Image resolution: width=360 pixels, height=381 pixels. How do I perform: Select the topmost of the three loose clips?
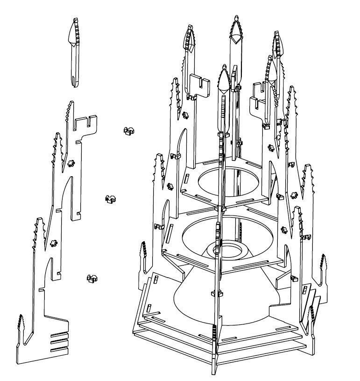tap(128, 130)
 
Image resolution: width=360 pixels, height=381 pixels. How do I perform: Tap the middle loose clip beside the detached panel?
tap(111, 199)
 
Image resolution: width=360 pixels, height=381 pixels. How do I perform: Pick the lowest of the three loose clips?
tap(92, 279)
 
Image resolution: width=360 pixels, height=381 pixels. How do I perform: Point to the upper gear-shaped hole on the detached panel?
tap(71, 163)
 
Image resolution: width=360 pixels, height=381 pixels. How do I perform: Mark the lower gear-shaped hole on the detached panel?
tap(53, 243)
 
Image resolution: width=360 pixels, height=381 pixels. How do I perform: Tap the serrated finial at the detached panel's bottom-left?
tap(22, 327)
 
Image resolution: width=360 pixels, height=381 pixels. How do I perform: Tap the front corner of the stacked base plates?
tap(216, 358)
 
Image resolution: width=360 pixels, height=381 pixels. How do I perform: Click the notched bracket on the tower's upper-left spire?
tap(201, 86)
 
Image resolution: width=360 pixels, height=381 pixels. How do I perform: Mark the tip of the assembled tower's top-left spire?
tap(190, 33)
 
